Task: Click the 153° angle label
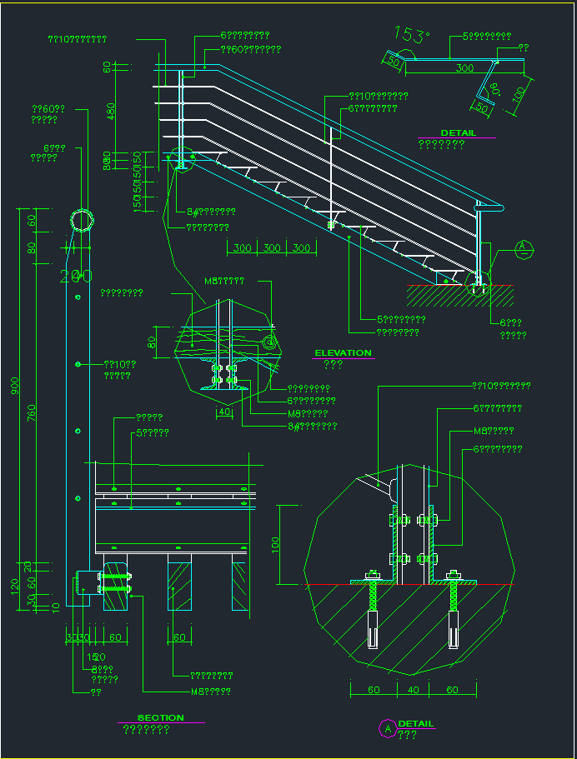click(x=412, y=35)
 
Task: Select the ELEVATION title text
click(x=343, y=353)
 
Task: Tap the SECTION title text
click(x=160, y=718)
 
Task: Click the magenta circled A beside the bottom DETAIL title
click(x=387, y=728)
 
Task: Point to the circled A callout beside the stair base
click(x=523, y=247)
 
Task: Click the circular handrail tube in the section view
click(x=83, y=220)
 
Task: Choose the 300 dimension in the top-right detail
click(x=465, y=68)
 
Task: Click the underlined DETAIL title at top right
click(x=458, y=132)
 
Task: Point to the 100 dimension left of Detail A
click(x=276, y=545)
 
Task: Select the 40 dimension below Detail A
click(x=413, y=690)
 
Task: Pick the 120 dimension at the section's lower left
click(x=15, y=587)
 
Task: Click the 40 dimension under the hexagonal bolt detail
click(x=223, y=412)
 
